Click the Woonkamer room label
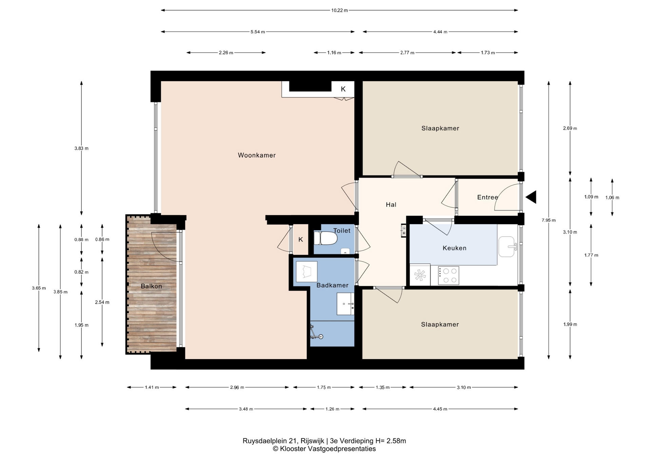click(257, 155)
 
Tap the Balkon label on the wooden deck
click(151, 286)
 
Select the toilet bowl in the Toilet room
click(325, 238)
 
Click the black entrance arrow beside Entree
click(531, 197)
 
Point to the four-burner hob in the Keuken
click(448, 275)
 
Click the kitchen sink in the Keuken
click(507, 246)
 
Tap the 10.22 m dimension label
click(339, 10)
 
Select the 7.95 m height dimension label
click(549, 220)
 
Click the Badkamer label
click(332, 285)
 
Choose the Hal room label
click(391, 204)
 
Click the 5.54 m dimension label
click(258, 32)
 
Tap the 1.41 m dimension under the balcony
click(152, 387)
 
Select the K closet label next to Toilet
click(300, 239)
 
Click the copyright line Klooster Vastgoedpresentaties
click(324, 449)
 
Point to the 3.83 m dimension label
click(81, 148)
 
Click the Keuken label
click(454, 248)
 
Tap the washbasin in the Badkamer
click(346, 304)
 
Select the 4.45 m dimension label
click(440, 409)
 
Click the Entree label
click(488, 197)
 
